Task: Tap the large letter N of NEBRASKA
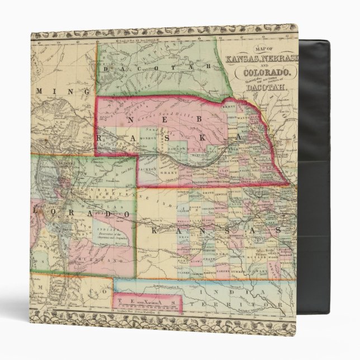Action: coord(130,119)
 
